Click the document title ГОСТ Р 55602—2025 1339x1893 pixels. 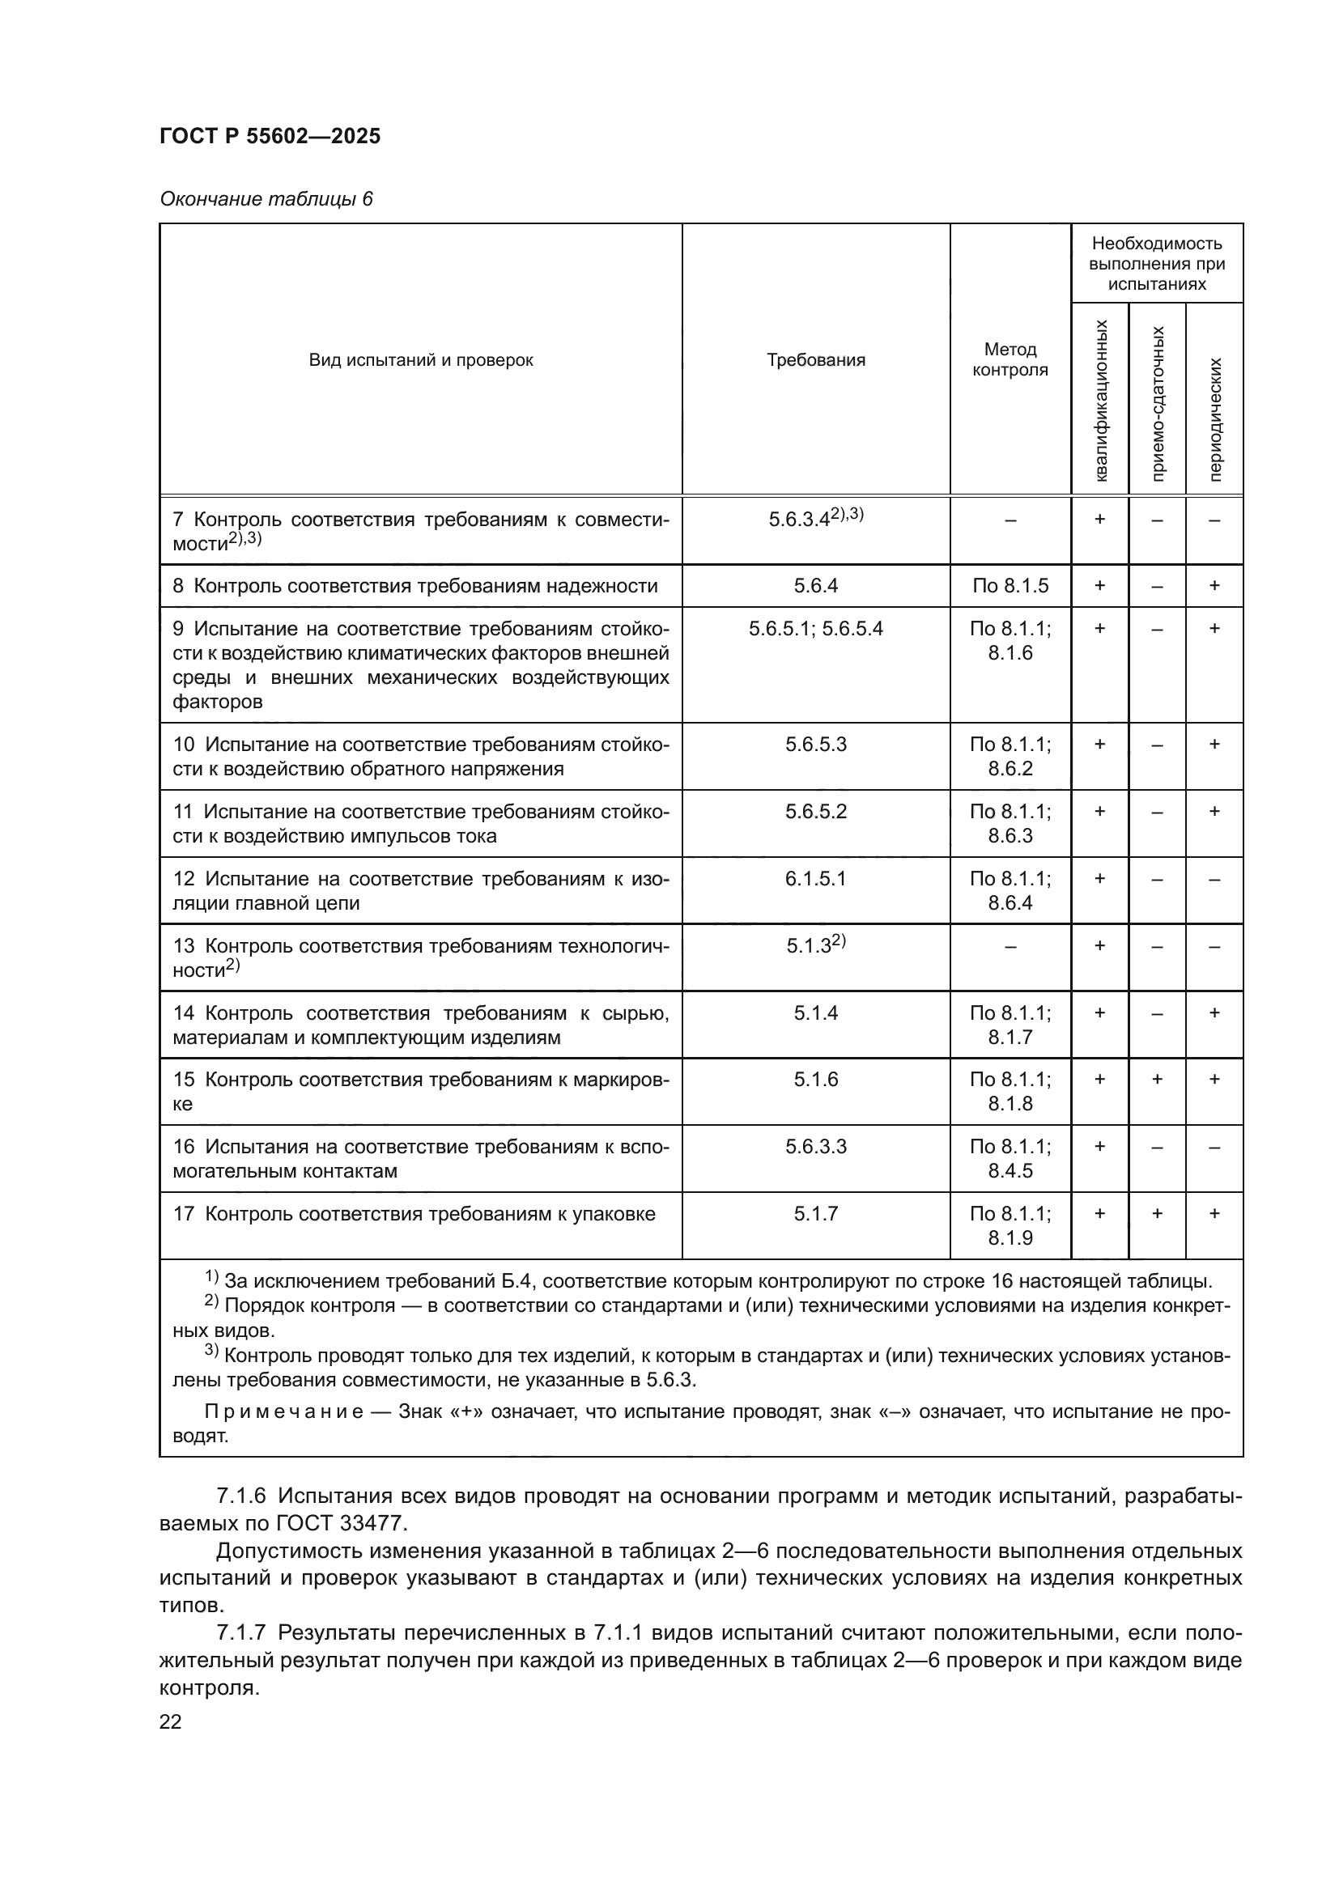point(270,136)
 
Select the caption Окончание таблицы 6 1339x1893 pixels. point(266,199)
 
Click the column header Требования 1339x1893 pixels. point(815,359)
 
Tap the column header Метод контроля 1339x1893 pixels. point(1010,359)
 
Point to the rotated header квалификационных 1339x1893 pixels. point(1101,401)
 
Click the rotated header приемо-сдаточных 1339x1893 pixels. point(1158,403)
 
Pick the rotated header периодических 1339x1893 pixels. point(1214,419)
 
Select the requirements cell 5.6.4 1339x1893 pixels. point(815,585)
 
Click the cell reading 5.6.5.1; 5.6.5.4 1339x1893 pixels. point(815,628)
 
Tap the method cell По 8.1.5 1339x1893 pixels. point(1010,585)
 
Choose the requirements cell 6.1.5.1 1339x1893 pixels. point(815,878)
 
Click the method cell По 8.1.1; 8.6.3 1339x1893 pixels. point(1010,823)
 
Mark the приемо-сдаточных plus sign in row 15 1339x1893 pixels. point(1157,1080)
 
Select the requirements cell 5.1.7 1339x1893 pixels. point(815,1214)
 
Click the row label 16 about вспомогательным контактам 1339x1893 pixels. point(420,1158)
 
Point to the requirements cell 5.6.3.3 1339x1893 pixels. point(815,1146)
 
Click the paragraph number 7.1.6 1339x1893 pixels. point(241,1496)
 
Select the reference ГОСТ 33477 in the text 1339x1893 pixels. point(346,1522)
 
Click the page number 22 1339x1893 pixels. point(171,1721)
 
